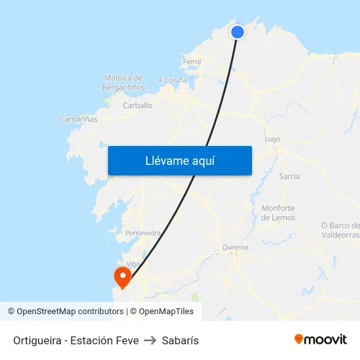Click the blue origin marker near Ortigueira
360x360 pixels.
(x=238, y=31)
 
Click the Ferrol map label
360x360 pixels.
(x=192, y=62)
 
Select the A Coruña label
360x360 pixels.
(x=173, y=81)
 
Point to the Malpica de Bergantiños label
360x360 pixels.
(x=123, y=82)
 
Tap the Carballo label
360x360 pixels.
(x=137, y=105)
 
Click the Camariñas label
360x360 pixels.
(x=79, y=119)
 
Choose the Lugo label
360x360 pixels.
(x=272, y=139)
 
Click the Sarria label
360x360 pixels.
(x=289, y=176)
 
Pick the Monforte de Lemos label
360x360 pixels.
(x=278, y=213)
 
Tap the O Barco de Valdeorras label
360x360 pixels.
(x=340, y=230)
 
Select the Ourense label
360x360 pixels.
(x=236, y=247)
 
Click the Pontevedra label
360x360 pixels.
(x=143, y=233)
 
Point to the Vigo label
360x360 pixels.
(x=134, y=264)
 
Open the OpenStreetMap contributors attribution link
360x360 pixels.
(x=70, y=312)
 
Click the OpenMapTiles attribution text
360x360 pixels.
(x=166, y=312)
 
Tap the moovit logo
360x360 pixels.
(x=320, y=339)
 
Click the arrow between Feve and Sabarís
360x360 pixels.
(x=150, y=340)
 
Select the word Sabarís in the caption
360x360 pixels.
(x=180, y=340)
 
